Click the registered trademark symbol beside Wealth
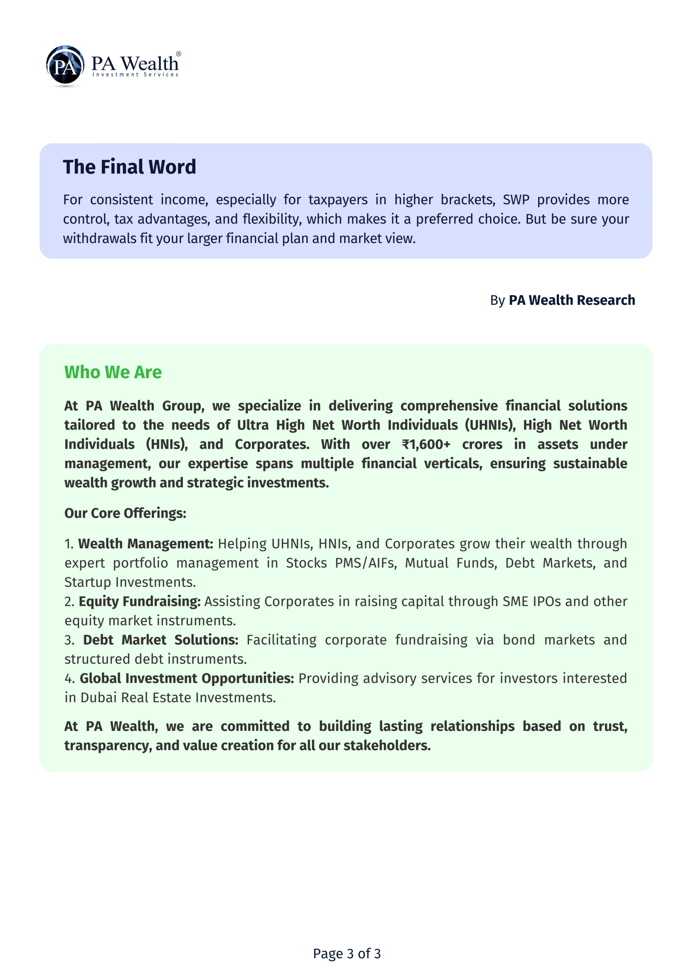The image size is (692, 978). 179,54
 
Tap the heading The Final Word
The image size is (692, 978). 129,167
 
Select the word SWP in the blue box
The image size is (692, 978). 516,199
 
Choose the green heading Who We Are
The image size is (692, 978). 113,372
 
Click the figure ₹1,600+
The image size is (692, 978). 426,444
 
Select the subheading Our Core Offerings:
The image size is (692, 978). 125,513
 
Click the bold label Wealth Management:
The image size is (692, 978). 145,544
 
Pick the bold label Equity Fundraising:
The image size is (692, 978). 140,601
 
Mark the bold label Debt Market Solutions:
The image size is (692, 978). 160,640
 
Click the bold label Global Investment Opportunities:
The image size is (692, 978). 187,678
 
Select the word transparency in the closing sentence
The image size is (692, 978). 108,745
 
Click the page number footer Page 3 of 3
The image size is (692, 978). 347,953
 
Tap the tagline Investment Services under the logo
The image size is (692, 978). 136,74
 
